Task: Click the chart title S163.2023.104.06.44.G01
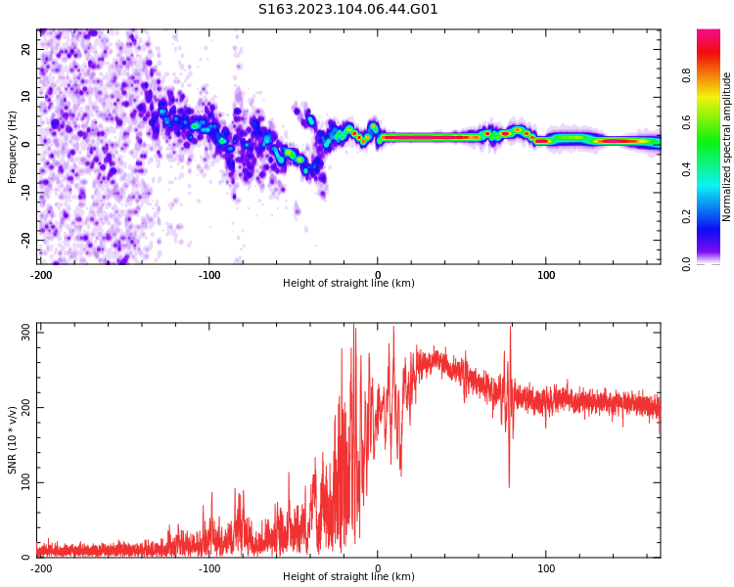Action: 348,10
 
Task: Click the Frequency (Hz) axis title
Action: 13,146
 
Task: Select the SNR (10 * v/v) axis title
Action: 13,439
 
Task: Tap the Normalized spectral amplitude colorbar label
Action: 727,147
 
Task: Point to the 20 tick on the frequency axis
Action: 26,49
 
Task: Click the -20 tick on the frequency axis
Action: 26,239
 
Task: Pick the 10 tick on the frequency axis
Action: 26,96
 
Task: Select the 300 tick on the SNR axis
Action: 22,332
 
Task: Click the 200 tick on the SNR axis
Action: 22,407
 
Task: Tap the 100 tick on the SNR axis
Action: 22,482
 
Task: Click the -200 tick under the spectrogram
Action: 41,275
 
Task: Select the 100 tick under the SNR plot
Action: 546,568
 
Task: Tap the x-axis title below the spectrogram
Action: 348,284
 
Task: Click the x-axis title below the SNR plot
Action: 348,577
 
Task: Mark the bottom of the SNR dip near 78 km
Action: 509,486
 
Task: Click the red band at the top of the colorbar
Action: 709,39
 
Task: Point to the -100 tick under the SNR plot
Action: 209,568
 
